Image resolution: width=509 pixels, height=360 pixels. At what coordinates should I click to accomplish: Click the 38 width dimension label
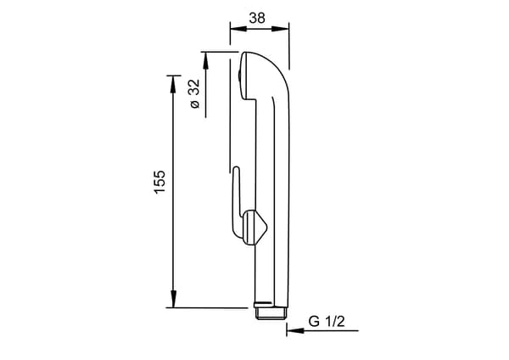(x=257, y=18)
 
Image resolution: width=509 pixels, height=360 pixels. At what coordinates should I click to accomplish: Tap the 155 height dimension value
(x=159, y=182)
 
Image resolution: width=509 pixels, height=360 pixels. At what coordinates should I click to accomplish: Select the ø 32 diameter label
(x=195, y=93)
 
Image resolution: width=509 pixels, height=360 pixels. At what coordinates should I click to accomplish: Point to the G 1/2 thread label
(x=327, y=322)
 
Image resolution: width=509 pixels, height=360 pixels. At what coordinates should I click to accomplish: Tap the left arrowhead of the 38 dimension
(x=238, y=29)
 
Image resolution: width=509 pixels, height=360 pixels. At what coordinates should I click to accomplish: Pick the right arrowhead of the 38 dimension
(x=281, y=29)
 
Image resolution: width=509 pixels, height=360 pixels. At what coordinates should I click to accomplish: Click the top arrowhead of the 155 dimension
(x=173, y=84)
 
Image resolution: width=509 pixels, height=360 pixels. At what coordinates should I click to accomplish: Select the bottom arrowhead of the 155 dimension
(x=173, y=299)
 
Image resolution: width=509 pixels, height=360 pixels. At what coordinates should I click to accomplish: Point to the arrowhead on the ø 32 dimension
(x=205, y=60)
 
